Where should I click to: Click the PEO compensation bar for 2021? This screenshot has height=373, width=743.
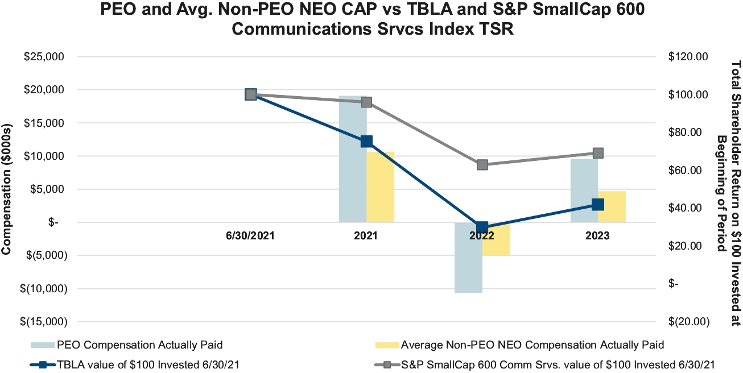353,171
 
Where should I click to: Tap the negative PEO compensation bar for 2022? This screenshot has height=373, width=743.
468,262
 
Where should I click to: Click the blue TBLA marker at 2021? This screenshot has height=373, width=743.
367,141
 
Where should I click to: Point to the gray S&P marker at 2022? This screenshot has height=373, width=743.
482,165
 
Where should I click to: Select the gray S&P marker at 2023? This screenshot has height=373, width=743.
598,153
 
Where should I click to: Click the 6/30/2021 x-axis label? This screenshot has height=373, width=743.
250,236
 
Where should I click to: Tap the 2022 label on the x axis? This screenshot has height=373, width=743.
482,236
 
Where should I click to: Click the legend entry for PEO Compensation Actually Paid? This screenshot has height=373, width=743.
139,345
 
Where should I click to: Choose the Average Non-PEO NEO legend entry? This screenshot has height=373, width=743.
533,345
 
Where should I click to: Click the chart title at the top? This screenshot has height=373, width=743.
371,19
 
